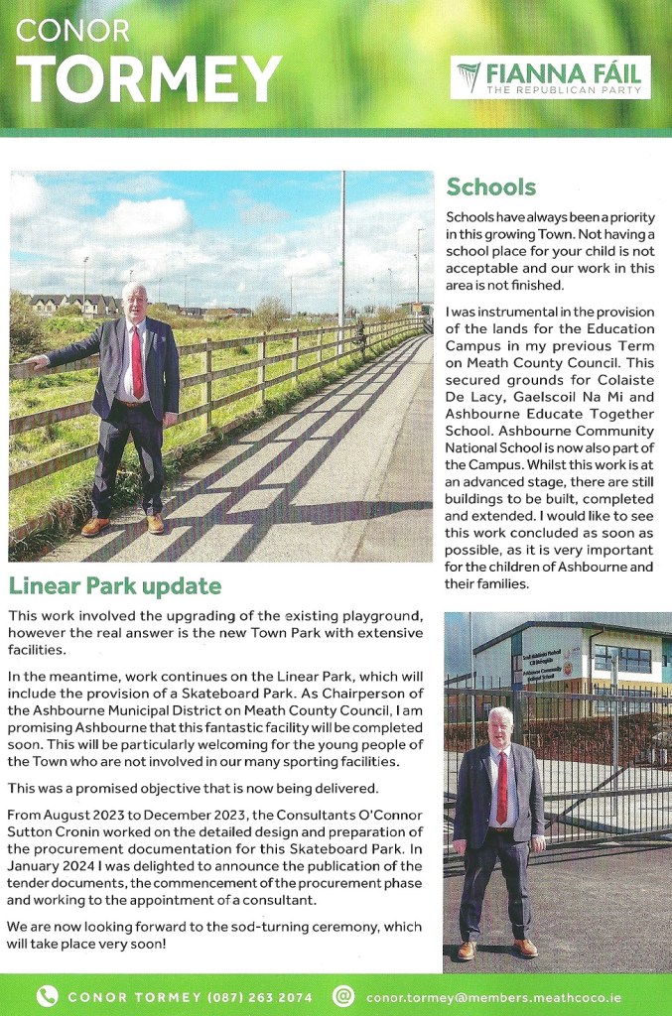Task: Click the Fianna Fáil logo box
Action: [x=551, y=77]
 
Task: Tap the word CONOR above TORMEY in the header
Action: [x=73, y=30]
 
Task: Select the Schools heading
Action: [x=490, y=187]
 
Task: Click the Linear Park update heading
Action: [x=114, y=585]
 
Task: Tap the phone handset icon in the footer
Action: [x=46, y=996]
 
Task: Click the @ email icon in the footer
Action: [x=343, y=996]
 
